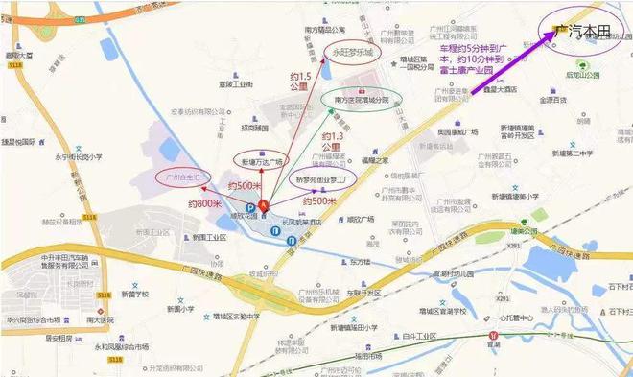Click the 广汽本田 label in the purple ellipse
(x=583, y=32)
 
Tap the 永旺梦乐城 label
(x=353, y=52)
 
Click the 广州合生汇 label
(x=182, y=177)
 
